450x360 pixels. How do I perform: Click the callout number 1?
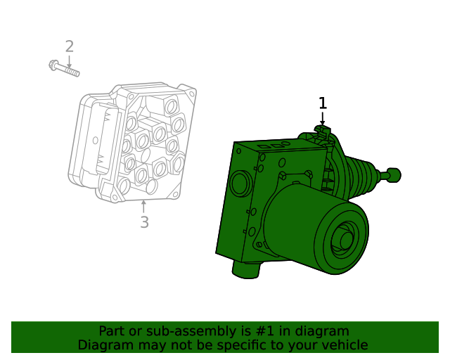(x=323, y=103)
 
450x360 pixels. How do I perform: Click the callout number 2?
(x=69, y=47)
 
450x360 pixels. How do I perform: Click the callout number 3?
(x=144, y=222)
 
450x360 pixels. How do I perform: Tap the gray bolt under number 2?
(x=65, y=69)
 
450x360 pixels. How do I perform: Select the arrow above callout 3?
(x=144, y=206)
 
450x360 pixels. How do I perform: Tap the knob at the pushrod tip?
(x=394, y=174)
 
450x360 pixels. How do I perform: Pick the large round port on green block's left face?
(x=239, y=184)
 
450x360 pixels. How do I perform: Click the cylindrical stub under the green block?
(x=246, y=269)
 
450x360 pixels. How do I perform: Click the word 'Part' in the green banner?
(x=112, y=331)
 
